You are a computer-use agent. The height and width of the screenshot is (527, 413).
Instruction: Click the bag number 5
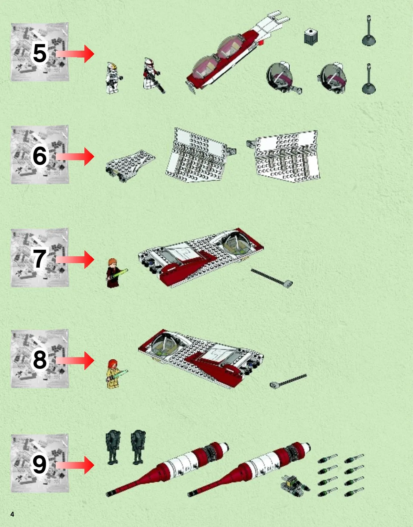coord(39,54)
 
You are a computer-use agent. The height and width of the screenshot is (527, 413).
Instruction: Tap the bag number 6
coord(39,156)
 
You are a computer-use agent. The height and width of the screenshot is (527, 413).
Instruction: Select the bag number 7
coord(39,259)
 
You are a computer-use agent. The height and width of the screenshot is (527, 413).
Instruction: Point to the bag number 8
coord(39,360)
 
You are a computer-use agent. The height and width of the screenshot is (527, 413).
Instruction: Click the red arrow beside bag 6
coord(75,156)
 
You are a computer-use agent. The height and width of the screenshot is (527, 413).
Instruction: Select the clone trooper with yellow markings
coord(113,78)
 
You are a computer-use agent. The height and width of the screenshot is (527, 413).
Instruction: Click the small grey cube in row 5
coord(311,37)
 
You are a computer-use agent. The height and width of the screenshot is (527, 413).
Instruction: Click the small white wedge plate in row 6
coord(130,166)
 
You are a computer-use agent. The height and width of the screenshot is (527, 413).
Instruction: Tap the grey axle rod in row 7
coord(272,278)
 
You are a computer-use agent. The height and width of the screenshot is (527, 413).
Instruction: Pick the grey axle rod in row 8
coord(288,381)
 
